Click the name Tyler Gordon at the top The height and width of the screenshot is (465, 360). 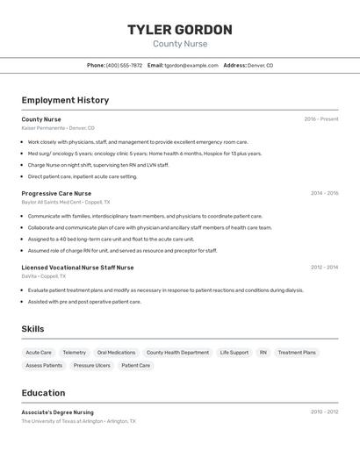point(180,30)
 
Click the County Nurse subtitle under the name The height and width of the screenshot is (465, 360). point(180,44)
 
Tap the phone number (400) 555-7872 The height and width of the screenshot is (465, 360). point(124,65)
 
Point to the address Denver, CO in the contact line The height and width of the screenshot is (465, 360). point(260,65)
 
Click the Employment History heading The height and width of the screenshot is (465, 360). point(65,100)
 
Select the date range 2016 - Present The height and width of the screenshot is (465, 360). point(321,119)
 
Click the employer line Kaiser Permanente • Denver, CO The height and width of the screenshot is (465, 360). point(58,128)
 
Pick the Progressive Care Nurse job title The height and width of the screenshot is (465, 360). point(56,193)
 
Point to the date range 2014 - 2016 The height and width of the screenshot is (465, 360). point(324,193)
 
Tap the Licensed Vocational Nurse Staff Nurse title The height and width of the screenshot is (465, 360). point(77,268)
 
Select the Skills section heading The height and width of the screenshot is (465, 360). point(33,329)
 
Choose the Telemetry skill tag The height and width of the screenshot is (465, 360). point(75,353)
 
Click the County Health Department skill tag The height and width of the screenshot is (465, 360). point(177,353)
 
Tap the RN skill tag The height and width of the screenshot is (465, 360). point(263,353)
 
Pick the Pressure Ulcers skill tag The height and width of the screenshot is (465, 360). point(91,365)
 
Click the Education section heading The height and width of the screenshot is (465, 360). point(43,393)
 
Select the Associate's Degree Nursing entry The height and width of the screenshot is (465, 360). point(57,412)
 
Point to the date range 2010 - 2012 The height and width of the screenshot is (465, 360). point(324,411)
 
